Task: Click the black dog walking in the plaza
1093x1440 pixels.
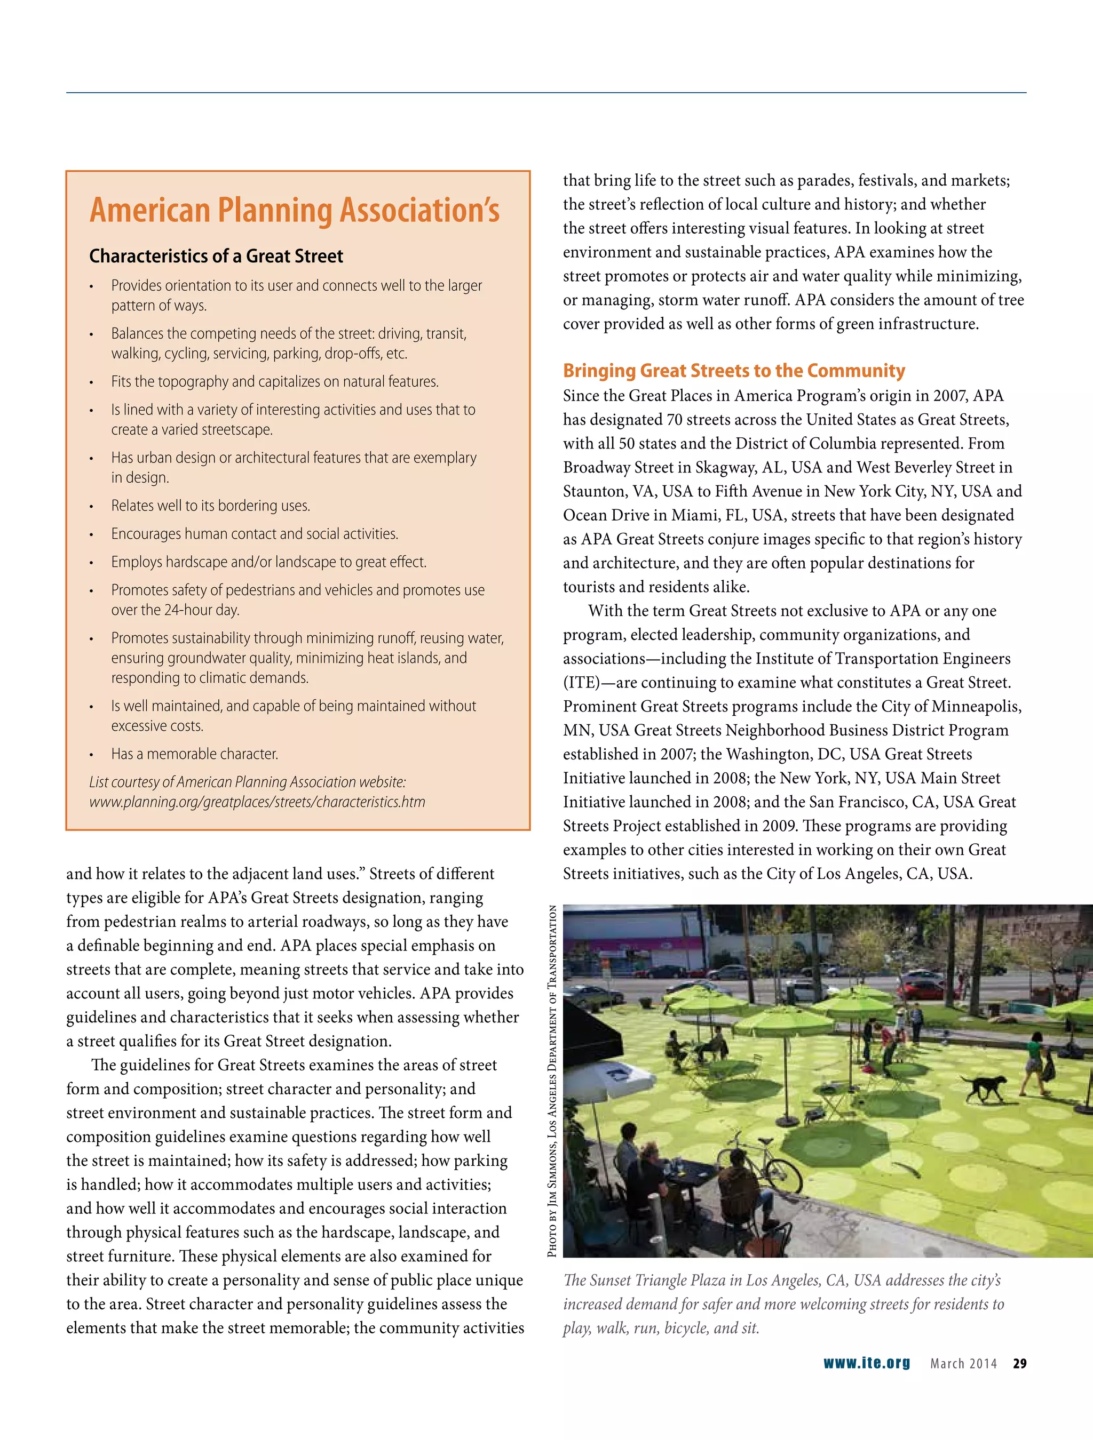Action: (x=985, y=1086)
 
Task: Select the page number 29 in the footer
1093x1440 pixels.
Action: (x=1019, y=1363)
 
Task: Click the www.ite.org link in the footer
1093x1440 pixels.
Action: (x=866, y=1363)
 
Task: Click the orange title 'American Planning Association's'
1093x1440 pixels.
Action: (x=295, y=210)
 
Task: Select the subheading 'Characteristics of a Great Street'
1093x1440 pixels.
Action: (x=216, y=256)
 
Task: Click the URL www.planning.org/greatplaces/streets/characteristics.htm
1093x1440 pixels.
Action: (x=257, y=802)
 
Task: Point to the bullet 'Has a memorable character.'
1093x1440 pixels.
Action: (x=195, y=754)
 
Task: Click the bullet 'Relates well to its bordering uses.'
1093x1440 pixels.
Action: (x=210, y=506)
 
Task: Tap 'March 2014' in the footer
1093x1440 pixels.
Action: (x=963, y=1363)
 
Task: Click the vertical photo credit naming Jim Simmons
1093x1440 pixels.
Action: (x=552, y=1081)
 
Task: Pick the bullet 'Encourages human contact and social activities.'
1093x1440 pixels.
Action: (x=255, y=534)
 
